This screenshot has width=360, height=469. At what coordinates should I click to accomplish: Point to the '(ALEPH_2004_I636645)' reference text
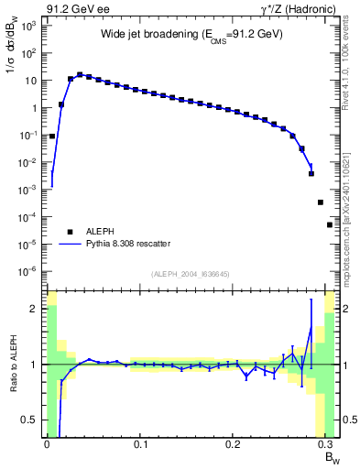(x=191, y=275)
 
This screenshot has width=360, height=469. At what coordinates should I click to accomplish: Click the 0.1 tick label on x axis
(x=140, y=444)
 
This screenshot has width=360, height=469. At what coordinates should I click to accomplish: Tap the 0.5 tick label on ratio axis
(x=28, y=420)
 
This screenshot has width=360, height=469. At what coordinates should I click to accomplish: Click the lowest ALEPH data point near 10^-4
(x=330, y=224)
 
